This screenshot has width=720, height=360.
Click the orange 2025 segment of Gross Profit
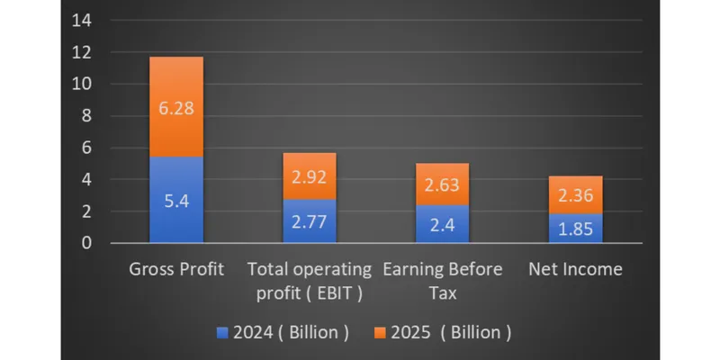176,106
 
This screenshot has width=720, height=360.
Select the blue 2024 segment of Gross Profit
176,200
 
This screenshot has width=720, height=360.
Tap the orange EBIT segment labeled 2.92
310,176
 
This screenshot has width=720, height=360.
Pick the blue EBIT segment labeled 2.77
310,220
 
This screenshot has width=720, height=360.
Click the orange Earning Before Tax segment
442,184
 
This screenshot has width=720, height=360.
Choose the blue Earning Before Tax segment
442,223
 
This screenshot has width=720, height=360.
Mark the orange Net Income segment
575,194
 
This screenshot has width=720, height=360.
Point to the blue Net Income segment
575,229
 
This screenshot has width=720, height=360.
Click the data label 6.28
176,109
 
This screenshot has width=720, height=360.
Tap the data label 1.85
575,229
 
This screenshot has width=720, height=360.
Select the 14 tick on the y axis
82,21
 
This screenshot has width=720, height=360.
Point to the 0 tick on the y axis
86,243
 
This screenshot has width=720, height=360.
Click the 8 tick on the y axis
86,116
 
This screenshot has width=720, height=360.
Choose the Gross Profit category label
176,269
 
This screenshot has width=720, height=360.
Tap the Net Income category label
575,269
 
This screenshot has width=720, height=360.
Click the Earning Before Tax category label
443,281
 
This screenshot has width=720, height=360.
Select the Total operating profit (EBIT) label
310,281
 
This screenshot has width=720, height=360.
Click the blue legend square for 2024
222,333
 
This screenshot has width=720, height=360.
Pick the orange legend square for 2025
381,333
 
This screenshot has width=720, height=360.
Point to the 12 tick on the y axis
82,52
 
